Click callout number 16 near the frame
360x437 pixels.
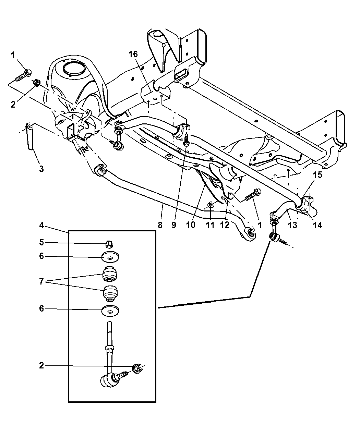[133, 54]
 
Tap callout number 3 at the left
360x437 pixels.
[41, 169]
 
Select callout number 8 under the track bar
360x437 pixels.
[160, 225]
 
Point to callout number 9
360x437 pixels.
[174, 225]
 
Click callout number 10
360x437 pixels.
[191, 225]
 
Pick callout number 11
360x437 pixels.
[210, 225]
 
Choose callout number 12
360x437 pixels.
[225, 225]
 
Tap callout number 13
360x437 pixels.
[292, 225]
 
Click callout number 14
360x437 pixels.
[317, 225]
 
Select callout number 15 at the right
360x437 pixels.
[317, 175]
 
